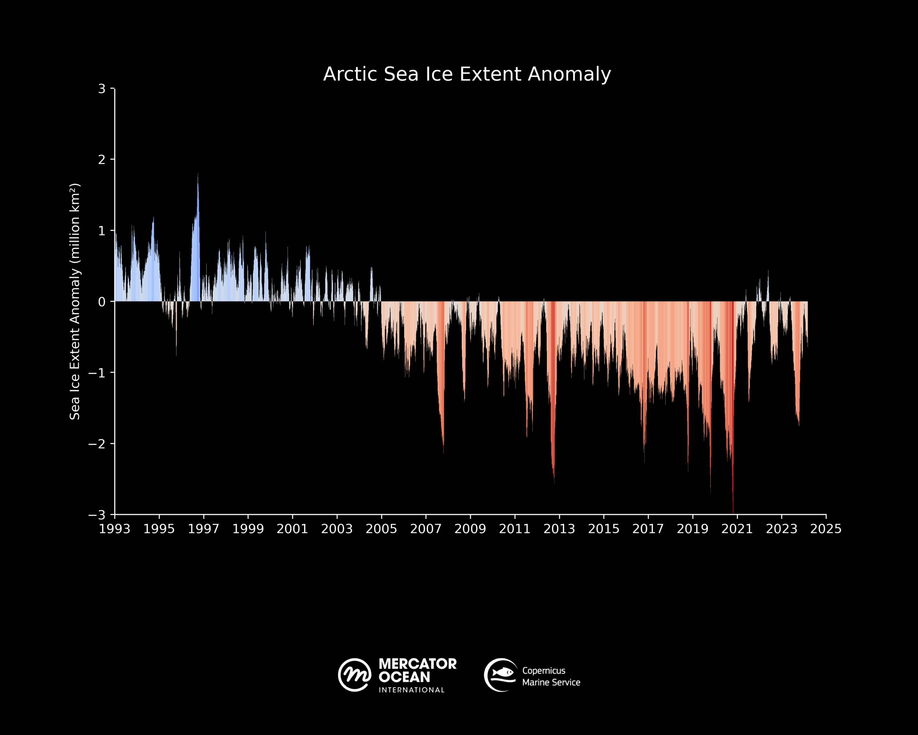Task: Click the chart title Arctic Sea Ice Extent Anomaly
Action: [467, 74]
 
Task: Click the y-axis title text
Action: [75, 302]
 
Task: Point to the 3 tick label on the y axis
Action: [102, 89]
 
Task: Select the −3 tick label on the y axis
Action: [97, 515]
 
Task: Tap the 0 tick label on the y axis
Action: [102, 302]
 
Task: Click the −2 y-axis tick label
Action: [97, 444]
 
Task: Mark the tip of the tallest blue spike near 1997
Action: [198, 174]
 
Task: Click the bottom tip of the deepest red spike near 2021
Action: [733, 512]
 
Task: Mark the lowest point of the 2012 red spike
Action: [554, 483]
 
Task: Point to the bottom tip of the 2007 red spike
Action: [443, 453]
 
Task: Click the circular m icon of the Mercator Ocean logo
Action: [354, 675]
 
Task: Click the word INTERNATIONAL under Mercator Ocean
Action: [411, 690]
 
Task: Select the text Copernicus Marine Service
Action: [551, 677]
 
